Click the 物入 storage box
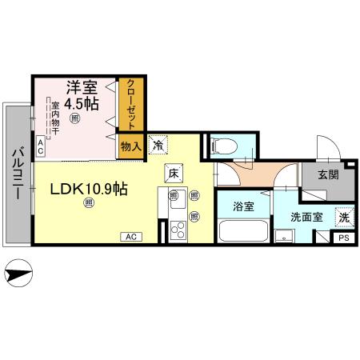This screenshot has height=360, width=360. [x=130, y=146]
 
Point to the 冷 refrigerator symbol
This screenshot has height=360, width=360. [x=158, y=146]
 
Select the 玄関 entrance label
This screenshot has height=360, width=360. [x=327, y=174]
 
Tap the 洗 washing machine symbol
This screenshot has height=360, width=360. [x=342, y=216]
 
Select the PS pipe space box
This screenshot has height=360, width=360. [x=343, y=238]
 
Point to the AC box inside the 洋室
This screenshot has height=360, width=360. [x=41, y=146]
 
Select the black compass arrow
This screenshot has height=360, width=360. [x=18, y=275]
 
